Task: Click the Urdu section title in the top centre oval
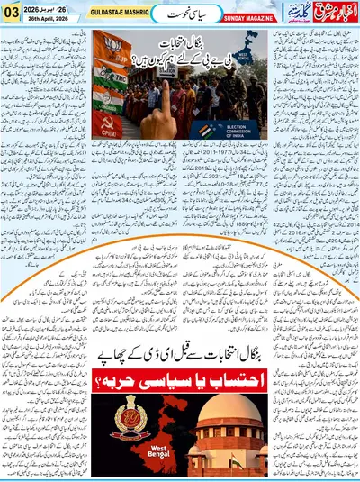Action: (181, 14)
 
